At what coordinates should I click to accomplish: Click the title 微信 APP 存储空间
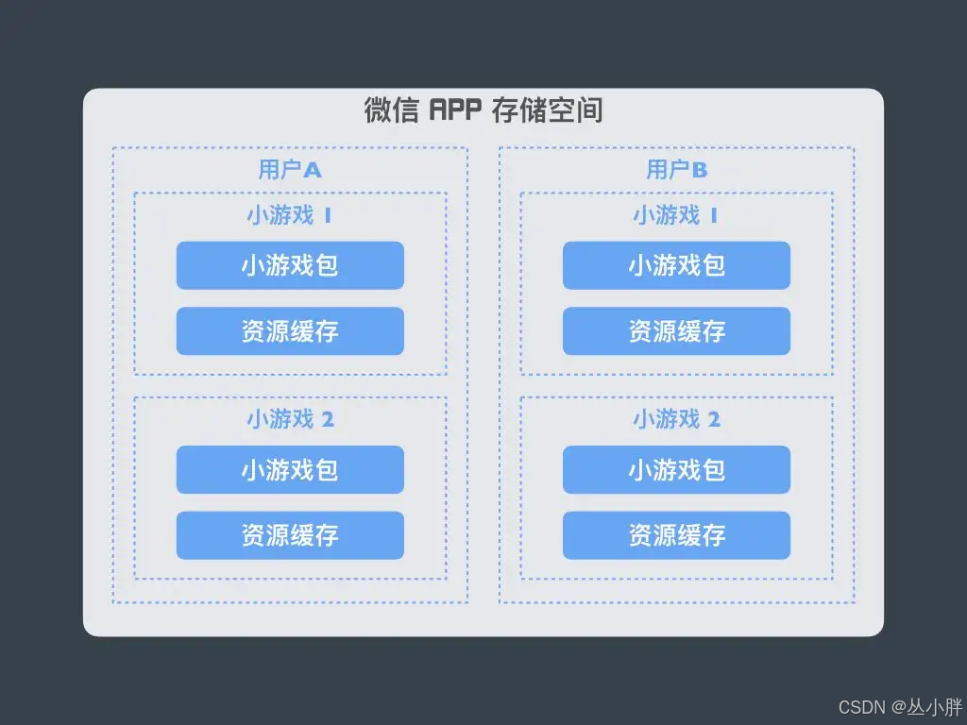[483, 110]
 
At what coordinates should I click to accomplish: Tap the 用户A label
[290, 170]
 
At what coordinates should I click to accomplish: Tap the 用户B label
[676, 170]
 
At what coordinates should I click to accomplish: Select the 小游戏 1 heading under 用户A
[289, 215]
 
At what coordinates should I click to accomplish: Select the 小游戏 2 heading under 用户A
[290, 419]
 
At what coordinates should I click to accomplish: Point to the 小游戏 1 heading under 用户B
[675, 215]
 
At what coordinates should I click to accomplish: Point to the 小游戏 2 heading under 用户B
[676, 419]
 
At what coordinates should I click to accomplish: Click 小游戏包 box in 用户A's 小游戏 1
[290, 265]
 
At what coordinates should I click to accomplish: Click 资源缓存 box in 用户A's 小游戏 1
[290, 331]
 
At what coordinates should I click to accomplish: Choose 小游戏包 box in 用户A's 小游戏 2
[290, 469]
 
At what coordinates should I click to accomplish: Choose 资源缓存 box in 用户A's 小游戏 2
[290, 535]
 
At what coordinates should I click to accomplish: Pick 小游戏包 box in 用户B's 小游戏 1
[676, 265]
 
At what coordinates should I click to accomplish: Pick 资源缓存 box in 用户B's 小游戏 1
[676, 331]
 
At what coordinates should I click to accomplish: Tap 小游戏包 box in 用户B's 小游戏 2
[676, 469]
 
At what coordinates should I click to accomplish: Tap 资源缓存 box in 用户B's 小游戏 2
[676, 535]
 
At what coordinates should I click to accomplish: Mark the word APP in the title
[456, 111]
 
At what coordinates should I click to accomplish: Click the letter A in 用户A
[313, 171]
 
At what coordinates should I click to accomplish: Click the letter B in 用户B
[700, 171]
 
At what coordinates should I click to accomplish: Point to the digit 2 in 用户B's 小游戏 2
[714, 420]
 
